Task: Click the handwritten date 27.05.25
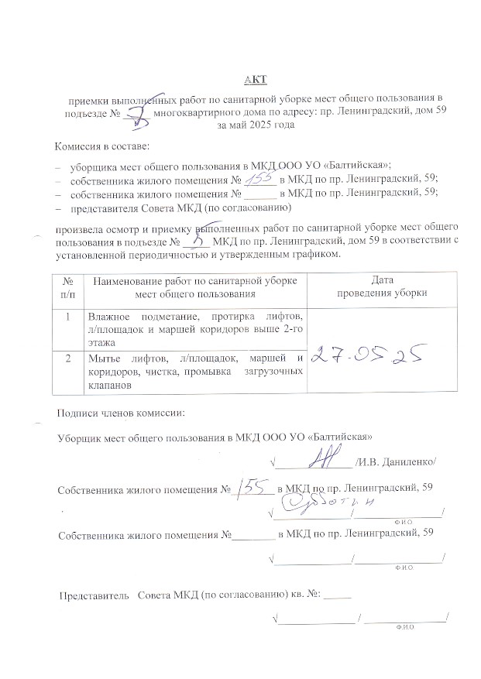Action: coord(369,354)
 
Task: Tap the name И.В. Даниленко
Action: coord(396,462)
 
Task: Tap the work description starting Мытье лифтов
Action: coord(194,369)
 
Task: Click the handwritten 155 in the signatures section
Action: coord(253,486)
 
